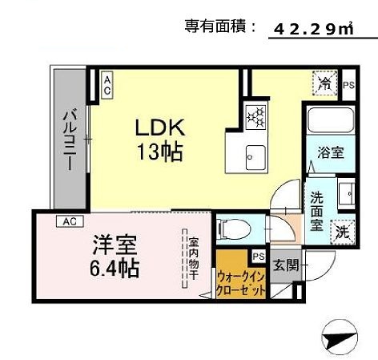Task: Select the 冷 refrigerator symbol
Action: (x=326, y=82)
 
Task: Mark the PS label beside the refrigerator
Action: (x=348, y=84)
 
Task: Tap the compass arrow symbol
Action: (x=340, y=335)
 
